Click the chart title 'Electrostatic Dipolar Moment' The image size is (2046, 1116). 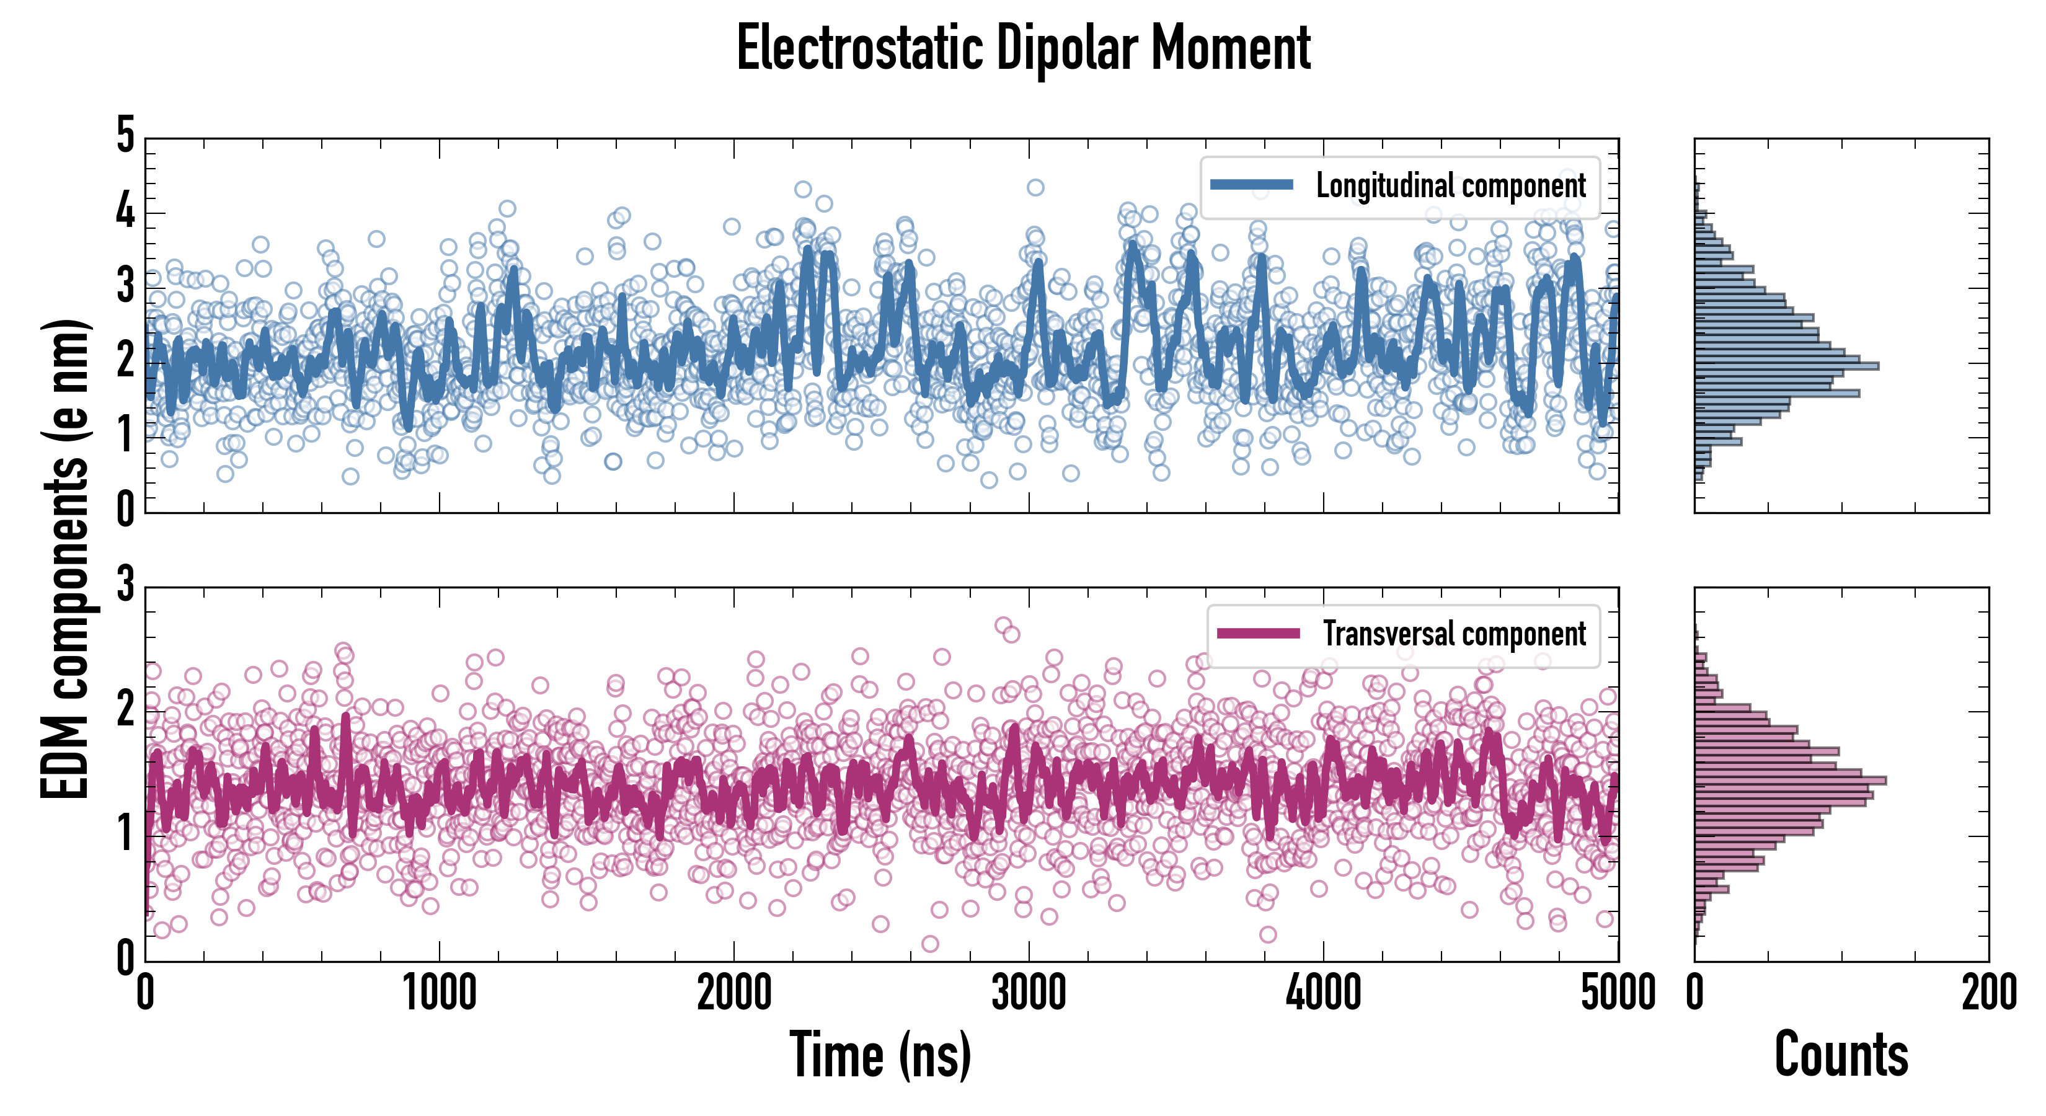1023,49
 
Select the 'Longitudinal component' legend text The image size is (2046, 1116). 1450,186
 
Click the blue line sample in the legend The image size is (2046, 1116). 1251,185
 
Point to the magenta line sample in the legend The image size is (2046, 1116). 1257,633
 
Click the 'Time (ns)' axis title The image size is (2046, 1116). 880,1055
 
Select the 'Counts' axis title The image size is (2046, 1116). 1841,1055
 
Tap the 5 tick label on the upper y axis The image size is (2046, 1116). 125,135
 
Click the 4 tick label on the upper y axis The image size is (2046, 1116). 125,211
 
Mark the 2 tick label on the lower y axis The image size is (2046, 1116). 125,709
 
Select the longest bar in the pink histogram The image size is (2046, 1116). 1791,781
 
